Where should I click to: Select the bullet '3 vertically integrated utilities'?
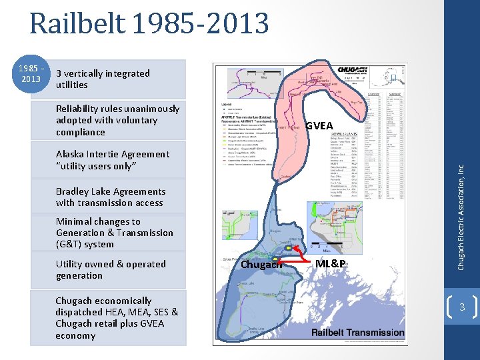tap(103, 79)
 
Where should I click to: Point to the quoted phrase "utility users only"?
tap(96, 165)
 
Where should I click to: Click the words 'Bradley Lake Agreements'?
tap(111, 191)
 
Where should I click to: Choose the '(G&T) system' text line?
tap(85, 244)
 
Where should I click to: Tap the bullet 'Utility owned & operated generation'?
tap(111, 269)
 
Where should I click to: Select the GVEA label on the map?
tap(319, 126)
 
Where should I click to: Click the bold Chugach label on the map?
tap(261, 265)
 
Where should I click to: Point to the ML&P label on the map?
tap(331, 264)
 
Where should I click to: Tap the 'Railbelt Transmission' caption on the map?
tap(357, 333)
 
